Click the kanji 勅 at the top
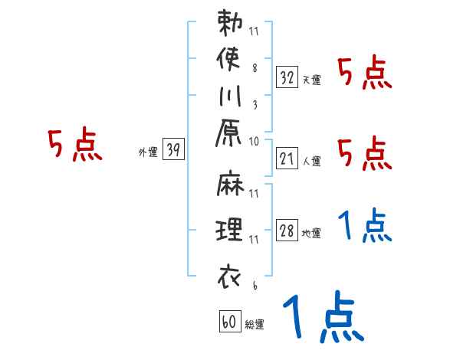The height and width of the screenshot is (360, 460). (230, 25)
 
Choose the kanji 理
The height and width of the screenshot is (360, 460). (230, 231)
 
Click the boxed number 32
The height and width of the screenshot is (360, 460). (287, 77)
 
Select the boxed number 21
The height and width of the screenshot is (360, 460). (287, 159)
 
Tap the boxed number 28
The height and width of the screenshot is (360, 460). (287, 231)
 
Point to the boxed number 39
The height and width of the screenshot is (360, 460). (173, 151)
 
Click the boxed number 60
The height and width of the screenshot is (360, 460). (228, 322)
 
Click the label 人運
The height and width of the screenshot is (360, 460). (311, 162)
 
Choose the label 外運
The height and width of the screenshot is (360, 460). (148, 152)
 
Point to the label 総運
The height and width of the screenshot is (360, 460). (254, 325)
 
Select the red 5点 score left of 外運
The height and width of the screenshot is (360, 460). (74, 145)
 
